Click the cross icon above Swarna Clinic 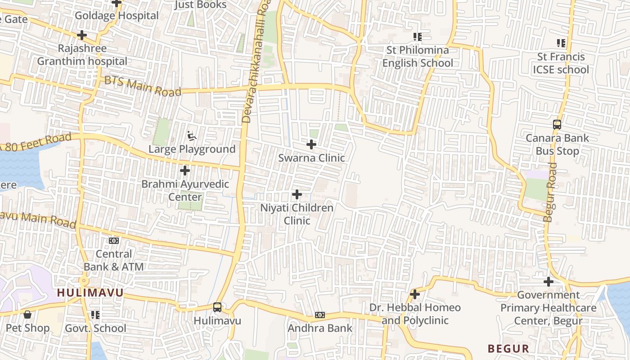tap(311, 144)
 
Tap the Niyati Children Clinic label tap(297, 214)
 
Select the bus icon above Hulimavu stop tap(217, 307)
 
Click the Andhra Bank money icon tap(320, 315)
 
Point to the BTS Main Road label tap(143, 87)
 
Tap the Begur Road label tap(550, 193)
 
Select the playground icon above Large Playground tap(192, 135)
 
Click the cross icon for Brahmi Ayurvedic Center tap(184, 171)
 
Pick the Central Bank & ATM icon tap(114, 241)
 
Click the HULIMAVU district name tap(90, 293)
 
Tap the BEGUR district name tap(508, 348)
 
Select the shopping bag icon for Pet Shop tap(27, 315)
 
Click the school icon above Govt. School tap(95, 315)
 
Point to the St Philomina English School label tap(418, 56)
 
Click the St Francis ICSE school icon tap(561, 43)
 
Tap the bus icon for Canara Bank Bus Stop tap(557, 124)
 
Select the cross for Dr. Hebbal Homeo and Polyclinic tap(415, 294)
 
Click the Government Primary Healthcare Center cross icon tap(548, 282)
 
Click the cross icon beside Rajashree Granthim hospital tap(82, 35)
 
